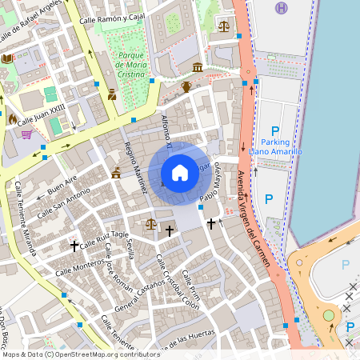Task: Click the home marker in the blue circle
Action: pos(180,173)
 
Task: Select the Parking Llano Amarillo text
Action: pos(275,146)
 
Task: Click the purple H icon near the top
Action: pos(280,8)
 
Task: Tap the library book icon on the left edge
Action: pos(7,58)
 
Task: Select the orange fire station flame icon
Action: pos(12,118)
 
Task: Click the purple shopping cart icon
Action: pos(27,134)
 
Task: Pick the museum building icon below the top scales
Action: pos(198,66)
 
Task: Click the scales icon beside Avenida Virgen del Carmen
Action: pos(223,26)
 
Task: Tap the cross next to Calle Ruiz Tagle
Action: pos(75,246)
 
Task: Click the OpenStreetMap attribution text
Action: pos(80,354)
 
